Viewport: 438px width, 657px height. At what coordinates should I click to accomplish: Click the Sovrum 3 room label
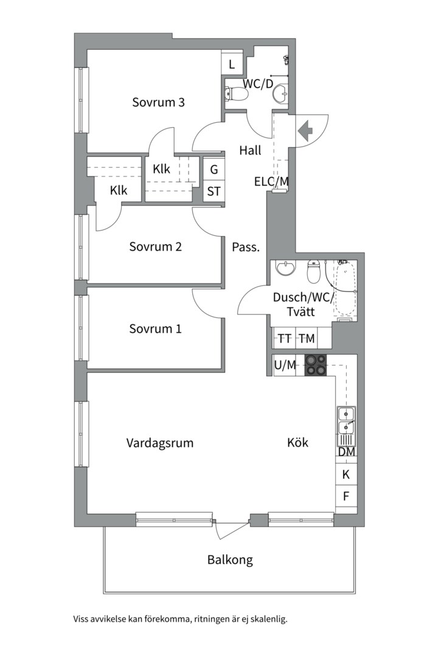(158, 102)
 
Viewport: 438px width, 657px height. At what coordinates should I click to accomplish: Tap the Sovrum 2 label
(155, 246)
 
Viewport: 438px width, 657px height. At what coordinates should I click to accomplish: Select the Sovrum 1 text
(155, 328)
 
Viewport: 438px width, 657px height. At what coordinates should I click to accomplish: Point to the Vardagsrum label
(160, 443)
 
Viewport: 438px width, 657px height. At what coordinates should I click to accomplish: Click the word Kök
(297, 442)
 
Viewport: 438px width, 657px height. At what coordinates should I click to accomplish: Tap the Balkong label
(230, 560)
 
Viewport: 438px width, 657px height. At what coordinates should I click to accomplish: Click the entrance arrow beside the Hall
(305, 131)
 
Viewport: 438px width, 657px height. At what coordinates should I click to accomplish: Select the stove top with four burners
(315, 364)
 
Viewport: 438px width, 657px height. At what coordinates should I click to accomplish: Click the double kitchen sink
(346, 420)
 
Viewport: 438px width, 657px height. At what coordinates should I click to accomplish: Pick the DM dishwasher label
(347, 451)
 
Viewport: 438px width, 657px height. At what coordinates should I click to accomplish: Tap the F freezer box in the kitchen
(346, 496)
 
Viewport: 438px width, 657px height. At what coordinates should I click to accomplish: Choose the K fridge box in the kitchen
(346, 474)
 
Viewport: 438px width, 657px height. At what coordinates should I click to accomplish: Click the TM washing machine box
(307, 338)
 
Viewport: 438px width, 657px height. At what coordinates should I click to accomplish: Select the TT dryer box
(285, 338)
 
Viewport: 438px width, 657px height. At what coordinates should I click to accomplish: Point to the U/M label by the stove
(285, 365)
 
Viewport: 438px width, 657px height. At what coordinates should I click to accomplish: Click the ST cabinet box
(214, 192)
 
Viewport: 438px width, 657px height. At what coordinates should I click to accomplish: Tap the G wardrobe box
(214, 169)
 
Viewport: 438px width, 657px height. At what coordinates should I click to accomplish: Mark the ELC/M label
(271, 182)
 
